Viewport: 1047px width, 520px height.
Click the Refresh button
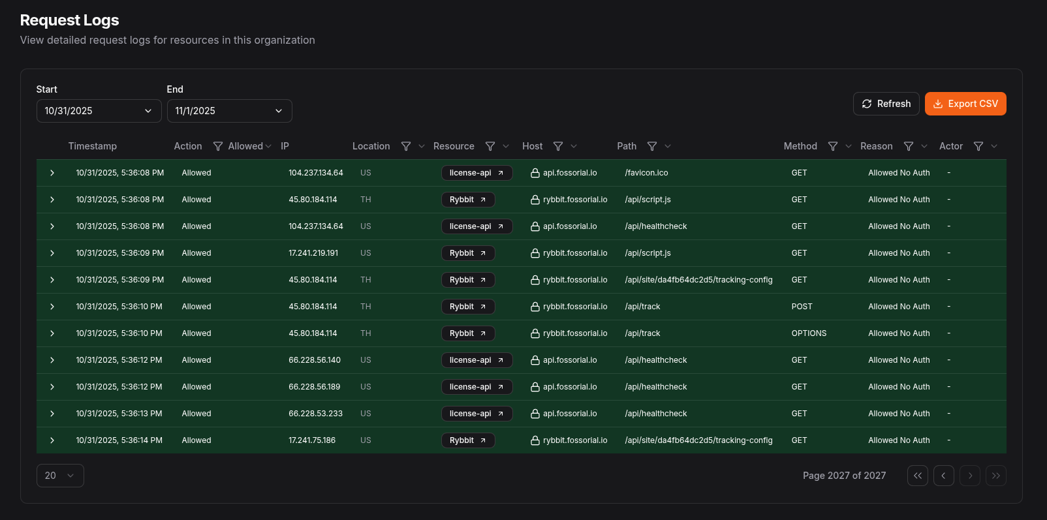pos(886,104)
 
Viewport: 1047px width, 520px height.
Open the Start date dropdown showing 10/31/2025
pos(99,111)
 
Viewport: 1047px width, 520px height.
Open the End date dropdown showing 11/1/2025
pos(229,111)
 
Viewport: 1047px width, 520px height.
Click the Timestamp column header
pos(93,146)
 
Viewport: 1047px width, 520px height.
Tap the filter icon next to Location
pos(406,146)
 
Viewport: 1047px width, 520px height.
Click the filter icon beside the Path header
pos(652,146)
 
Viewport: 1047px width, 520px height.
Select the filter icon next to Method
pos(833,146)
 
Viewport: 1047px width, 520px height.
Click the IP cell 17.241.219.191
pos(313,253)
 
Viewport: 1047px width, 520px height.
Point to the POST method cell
pos(802,307)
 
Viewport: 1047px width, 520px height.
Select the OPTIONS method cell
pos(809,333)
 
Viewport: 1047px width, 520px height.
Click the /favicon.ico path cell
pos(646,173)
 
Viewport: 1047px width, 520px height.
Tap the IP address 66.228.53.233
pos(315,414)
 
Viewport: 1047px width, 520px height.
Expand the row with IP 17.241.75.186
pos(52,440)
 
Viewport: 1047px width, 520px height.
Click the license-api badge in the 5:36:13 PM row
pos(477,414)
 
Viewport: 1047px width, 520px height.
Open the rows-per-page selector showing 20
pos(60,476)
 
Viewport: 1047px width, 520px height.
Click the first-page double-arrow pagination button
pos(917,476)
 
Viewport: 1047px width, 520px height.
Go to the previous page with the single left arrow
pos(943,476)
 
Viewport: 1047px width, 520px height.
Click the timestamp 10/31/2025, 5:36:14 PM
pos(119,440)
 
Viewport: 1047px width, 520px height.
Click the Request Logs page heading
pos(70,20)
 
